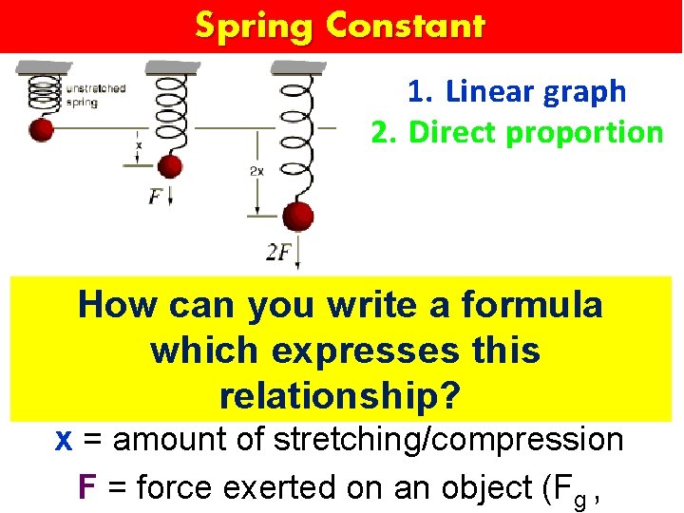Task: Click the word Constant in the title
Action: point(405,26)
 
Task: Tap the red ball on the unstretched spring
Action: point(41,129)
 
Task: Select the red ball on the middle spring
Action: point(169,166)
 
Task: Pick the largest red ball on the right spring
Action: point(298,216)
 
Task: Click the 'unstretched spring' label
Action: point(96,94)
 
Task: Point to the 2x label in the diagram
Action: point(256,171)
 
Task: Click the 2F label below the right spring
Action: point(279,252)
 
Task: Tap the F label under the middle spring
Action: point(155,197)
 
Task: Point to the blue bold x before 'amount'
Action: point(64,440)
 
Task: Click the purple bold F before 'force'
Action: point(86,487)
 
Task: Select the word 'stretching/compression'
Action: point(448,440)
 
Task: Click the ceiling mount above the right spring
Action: point(298,66)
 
